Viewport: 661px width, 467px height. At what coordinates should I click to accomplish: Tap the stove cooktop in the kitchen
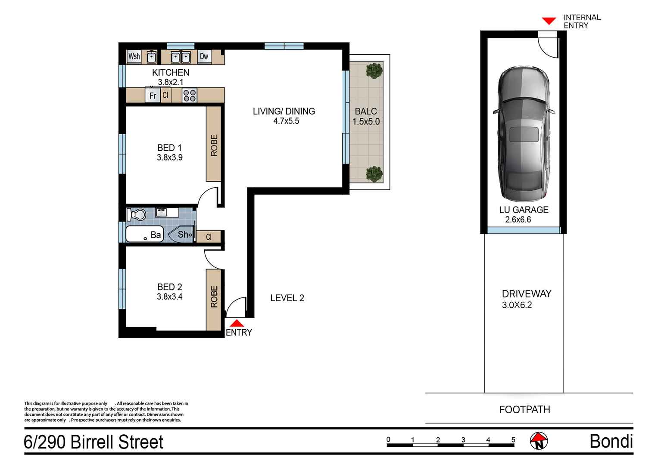coord(190,96)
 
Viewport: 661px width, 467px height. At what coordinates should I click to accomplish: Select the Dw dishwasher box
coord(204,56)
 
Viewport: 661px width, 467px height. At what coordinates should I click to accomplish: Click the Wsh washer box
coord(134,56)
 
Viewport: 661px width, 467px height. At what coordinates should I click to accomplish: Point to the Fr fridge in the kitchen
coord(153,95)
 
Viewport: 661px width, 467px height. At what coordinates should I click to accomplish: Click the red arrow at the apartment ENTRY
coord(237,323)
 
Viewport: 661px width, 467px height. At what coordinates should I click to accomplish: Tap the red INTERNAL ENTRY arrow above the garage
coord(549,21)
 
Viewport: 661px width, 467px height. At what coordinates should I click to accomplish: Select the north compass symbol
coord(539,441)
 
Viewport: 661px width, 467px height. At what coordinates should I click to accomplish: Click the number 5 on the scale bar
coord(514,440)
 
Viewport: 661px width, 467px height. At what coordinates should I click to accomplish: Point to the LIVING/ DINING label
coord(284,111)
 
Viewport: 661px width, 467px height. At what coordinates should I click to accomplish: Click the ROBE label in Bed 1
coord(214,145)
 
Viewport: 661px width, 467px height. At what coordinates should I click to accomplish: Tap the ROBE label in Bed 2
coord(214,297)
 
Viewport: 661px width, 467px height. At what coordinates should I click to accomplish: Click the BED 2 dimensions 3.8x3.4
coord(170,297)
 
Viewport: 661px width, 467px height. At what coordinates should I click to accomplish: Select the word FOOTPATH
coord(525,409)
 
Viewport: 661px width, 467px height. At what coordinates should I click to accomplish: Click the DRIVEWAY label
coord(527,294)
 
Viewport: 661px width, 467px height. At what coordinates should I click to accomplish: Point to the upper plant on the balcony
coord(374,71)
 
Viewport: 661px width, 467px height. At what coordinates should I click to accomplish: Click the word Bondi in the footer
coord(611,441)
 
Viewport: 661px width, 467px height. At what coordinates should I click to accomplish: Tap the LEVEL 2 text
coord(287,298)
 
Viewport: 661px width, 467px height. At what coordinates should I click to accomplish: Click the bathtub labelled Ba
coord(145,234)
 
